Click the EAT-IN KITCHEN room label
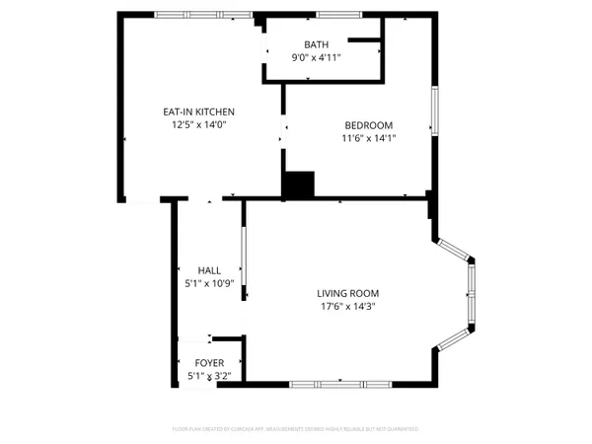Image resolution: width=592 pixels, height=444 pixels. tap(198, 111)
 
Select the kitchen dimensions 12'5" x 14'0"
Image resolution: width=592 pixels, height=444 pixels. tap(198, 125)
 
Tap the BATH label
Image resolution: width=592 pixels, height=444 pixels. tap(316, 44)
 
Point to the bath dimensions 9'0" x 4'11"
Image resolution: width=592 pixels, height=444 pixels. tap(316, 58)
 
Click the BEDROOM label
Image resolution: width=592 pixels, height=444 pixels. tap(368, 125)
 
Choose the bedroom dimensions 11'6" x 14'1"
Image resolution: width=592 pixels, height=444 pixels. tap(368, 139)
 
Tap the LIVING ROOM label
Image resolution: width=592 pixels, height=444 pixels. tap(347, 293)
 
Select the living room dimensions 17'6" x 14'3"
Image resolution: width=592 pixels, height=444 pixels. tap(347, 307)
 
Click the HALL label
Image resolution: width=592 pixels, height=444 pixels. tap(209, 269)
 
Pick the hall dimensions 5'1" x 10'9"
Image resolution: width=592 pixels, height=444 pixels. tap(209, 283)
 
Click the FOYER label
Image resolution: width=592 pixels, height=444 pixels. tap(209, 362)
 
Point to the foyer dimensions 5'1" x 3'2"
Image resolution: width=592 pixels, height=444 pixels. tap(209, 376)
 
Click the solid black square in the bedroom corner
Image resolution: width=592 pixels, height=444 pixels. tap(298, 185)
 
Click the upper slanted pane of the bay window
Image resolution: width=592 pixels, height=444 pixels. tap(454, 249)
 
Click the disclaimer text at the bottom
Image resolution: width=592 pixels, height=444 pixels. tap(296, 429)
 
